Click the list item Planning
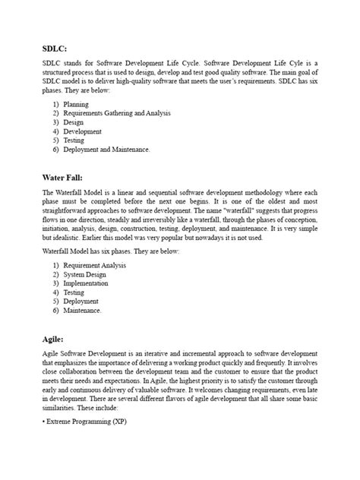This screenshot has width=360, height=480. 76,104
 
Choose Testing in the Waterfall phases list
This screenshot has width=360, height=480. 74,292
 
